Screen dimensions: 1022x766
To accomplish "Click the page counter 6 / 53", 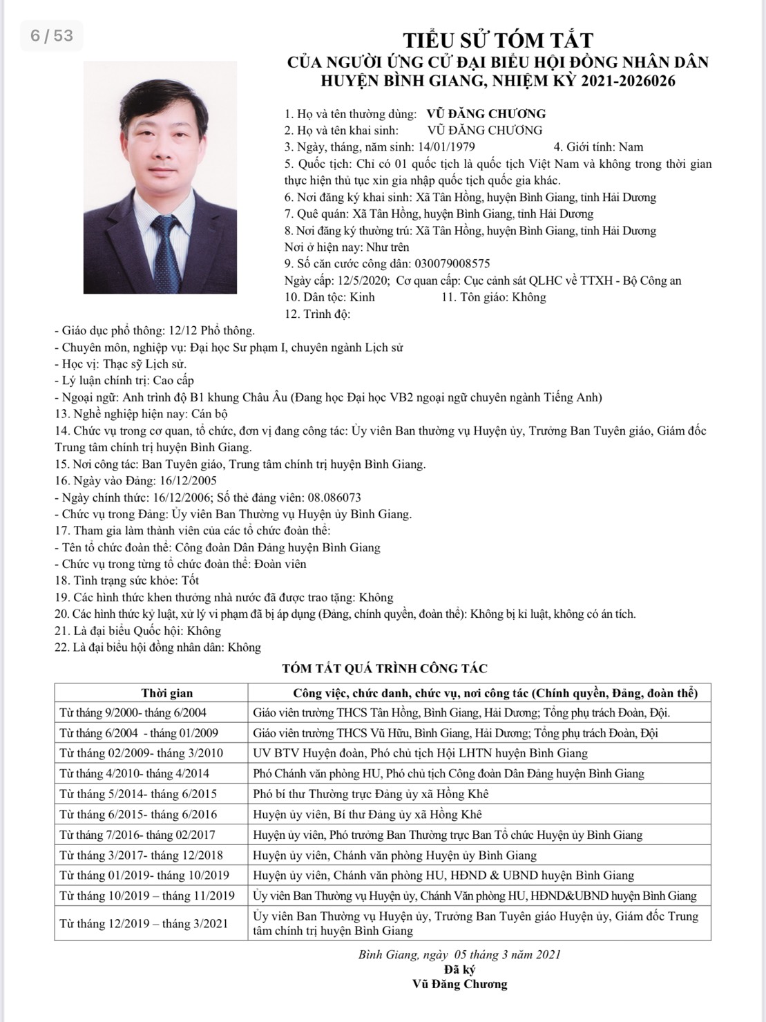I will click(x=52, y=35).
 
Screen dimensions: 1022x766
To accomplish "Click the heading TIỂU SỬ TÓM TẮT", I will click(x=497, y=39).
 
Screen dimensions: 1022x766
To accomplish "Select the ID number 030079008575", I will click(x=452, y=264).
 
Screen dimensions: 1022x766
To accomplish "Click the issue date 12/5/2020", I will click(x=363, y=281).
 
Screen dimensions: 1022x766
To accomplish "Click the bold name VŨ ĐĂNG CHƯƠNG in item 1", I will click(x=486, y=114).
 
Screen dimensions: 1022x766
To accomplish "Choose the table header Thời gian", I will click(x=167, y=693).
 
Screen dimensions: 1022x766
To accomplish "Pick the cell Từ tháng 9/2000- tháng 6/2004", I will click(x=133, y=712).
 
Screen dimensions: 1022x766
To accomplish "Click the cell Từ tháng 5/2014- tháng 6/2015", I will click(x=138, y=794).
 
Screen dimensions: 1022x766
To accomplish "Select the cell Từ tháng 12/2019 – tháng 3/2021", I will click(x=143, y=924).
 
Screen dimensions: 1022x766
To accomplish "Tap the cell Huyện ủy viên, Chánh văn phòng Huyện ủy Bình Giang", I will click(x=394, y=855).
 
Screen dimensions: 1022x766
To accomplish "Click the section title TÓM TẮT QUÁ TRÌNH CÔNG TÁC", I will click(x=385, y=668).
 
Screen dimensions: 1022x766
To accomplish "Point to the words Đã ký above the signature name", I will click(x=459, y=969).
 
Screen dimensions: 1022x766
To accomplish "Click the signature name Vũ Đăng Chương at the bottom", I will click(x=459, y=984).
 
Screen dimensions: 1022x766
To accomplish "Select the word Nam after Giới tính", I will click(x=631, y=147).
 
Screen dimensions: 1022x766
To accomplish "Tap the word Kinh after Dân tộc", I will click(x=362, y=297).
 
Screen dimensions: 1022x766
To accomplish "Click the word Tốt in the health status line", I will click(x=190, y=580).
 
